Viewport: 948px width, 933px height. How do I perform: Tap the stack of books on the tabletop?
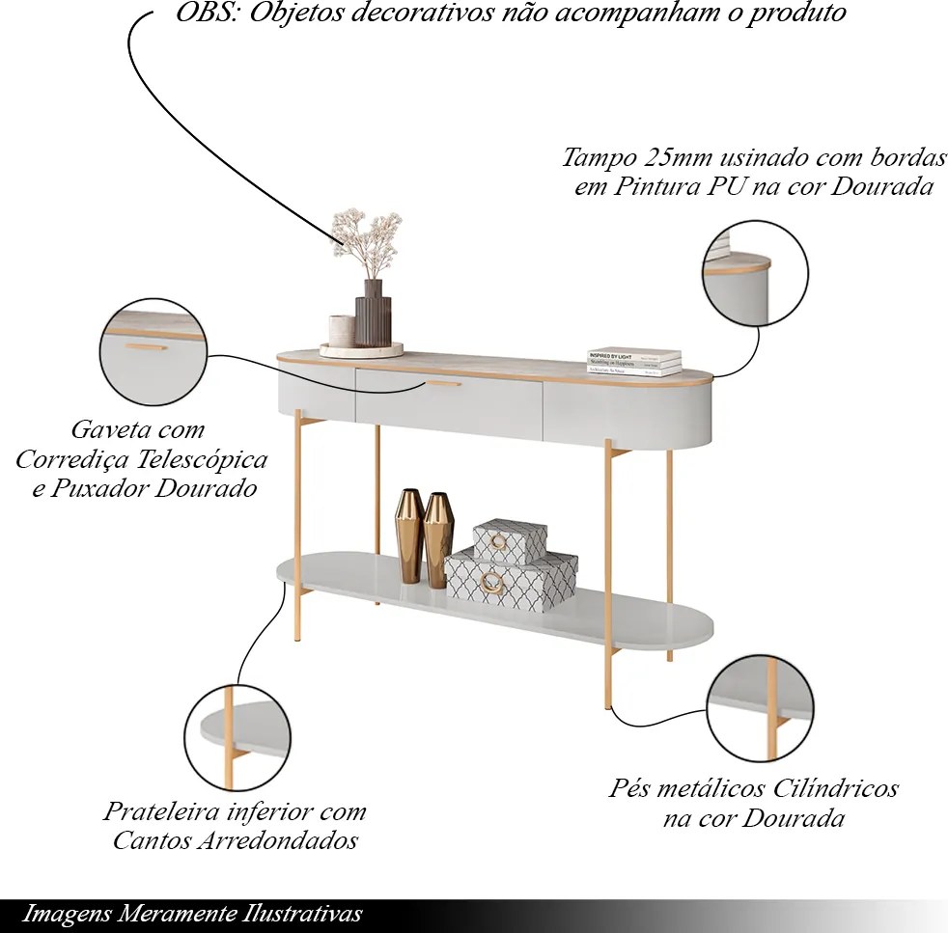point(634,362)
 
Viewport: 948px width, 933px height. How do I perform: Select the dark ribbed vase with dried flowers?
point(373,314)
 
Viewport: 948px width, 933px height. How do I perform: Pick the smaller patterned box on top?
point(510,541)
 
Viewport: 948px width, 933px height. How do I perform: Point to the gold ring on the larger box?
point(492,582)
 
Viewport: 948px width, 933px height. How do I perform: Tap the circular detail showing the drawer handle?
point(153,351)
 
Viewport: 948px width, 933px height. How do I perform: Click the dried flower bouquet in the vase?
point(366,237)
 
